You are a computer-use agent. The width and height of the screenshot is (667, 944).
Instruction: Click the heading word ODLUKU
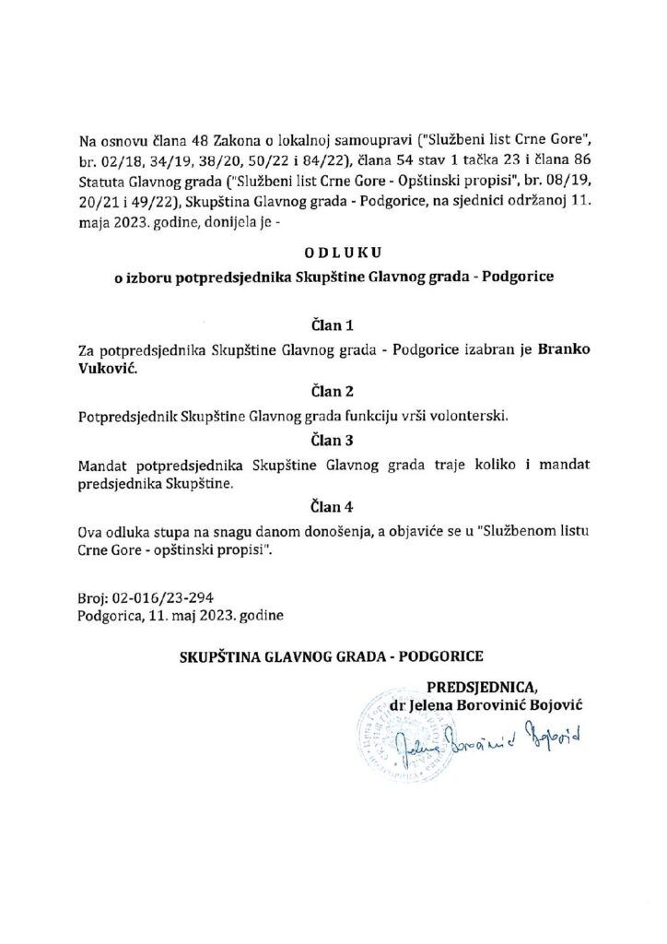coord(333,252)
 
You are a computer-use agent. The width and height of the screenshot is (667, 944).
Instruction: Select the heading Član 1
coord(333,325)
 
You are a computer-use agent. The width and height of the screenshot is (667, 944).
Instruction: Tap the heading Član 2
coord(333,392)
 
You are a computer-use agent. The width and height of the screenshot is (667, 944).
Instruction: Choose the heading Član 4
coord(333,506)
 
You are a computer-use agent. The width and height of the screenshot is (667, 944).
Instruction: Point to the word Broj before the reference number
coord(94,596)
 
